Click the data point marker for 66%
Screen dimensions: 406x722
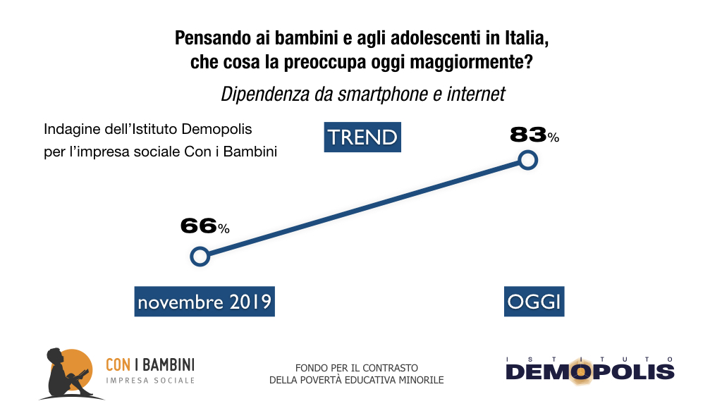[x=200, y=256]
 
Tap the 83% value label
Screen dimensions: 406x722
[x=534, y=135]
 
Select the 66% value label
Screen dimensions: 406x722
[x=204, y=226]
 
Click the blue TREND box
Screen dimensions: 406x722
[x=362, y=137]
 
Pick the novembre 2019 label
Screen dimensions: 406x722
[x=204, y=302]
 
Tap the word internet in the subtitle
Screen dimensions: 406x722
[x=476, y=94]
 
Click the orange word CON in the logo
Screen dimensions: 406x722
[x=118, y=364]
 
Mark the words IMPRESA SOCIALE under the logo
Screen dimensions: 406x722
[x=149, y=381]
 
